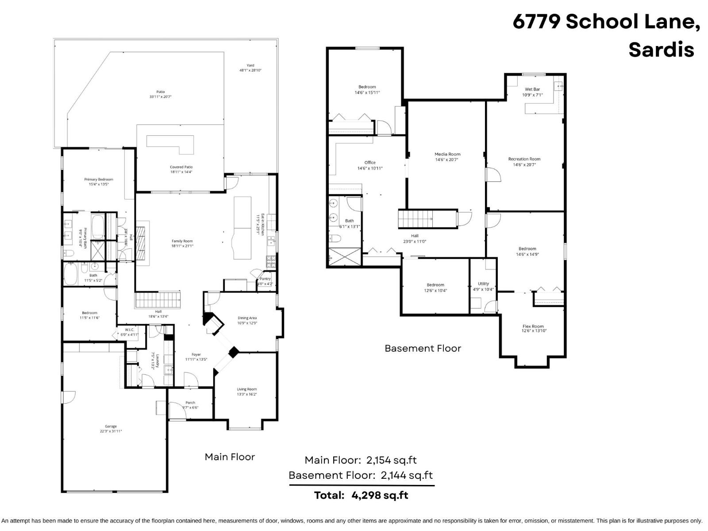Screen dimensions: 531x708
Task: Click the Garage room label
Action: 111,426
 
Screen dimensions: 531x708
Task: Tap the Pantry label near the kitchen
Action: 265,279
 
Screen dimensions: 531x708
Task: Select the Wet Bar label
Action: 532,89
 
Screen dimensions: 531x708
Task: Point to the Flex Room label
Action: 533,326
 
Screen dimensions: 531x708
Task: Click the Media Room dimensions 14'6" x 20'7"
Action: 447,160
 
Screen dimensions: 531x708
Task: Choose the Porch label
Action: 190,403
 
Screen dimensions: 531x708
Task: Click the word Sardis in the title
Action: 661,49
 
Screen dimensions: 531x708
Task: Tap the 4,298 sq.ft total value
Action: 380,495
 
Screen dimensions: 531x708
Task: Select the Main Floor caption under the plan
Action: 230,457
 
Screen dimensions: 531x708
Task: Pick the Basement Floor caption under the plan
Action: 423,348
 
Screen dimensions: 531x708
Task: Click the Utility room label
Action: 483,284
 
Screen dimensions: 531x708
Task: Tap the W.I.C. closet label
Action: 129,330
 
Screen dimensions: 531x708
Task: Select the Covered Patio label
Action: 181,167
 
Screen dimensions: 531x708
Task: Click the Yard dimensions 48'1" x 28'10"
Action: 250,70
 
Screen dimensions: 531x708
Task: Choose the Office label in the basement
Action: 370,162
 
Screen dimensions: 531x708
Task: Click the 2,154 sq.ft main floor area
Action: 392,460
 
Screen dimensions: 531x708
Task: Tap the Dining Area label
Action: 247,318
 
